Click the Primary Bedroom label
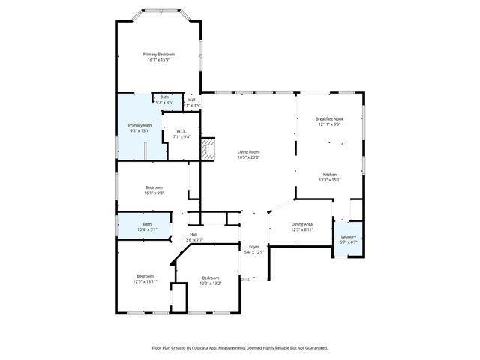coord(159,55)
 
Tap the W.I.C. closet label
coord(181,132)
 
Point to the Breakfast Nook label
coord(330,119)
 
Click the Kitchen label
coord(330,174)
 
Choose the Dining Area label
coord(301,224)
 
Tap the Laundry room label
coord(349,237)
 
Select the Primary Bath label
coord(139,125)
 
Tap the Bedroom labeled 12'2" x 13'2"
coord(210,280)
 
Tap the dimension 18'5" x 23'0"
coord(249,157)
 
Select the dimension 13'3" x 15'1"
coord(330,179)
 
